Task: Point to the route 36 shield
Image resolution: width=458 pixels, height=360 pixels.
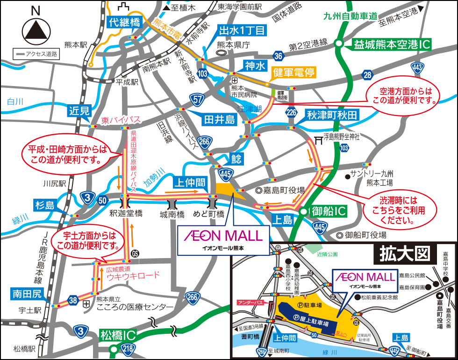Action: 279,56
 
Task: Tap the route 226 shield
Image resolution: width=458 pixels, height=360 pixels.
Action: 292,112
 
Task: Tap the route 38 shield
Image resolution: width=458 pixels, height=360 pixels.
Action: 73,301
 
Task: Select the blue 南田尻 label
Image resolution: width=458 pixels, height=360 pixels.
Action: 28,294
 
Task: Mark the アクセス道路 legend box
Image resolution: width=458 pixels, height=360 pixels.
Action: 36,54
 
